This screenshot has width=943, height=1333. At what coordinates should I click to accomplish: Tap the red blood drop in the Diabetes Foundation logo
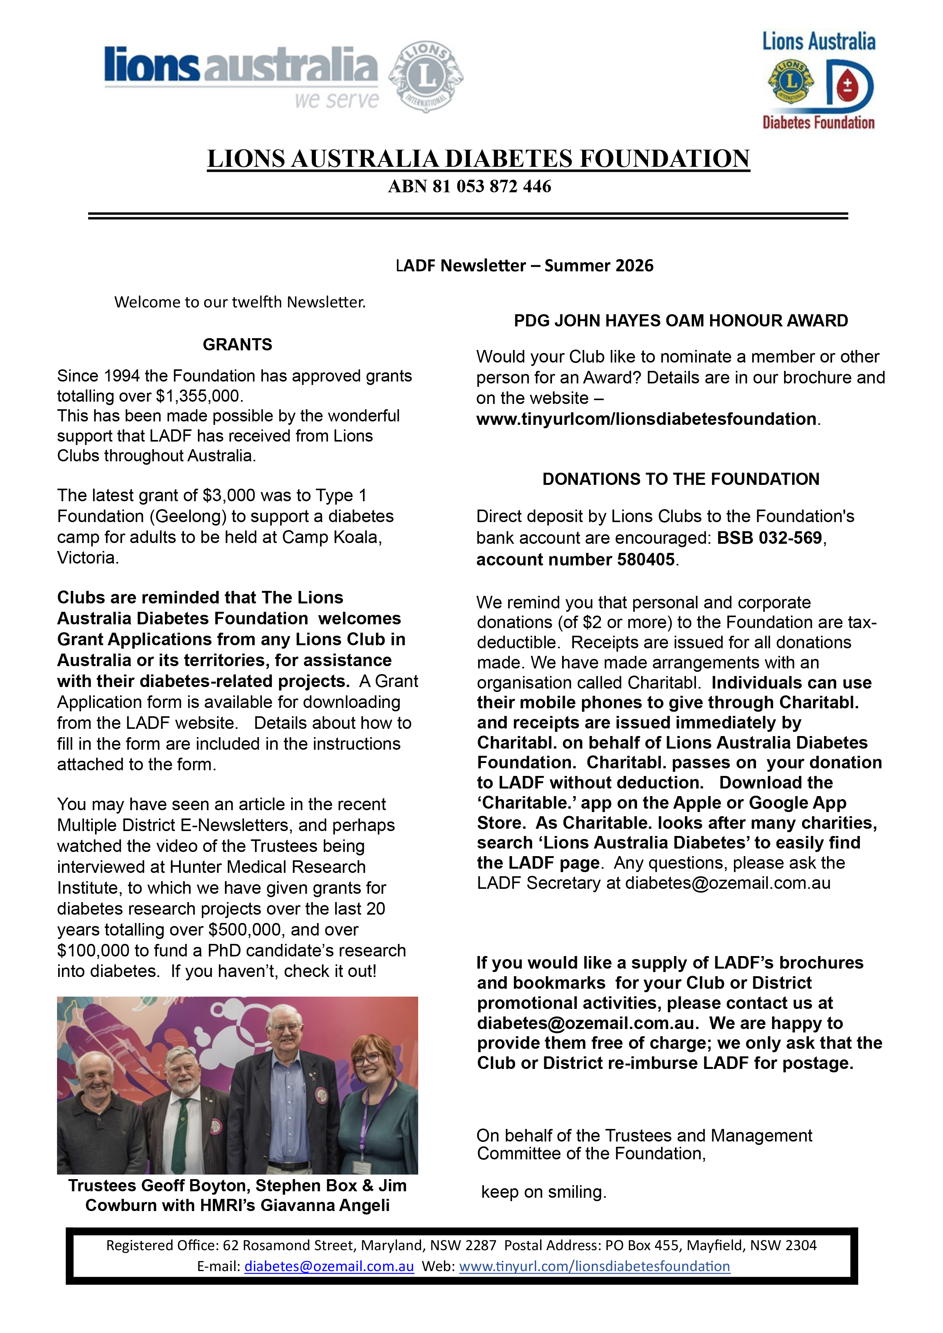(x=847, y=87)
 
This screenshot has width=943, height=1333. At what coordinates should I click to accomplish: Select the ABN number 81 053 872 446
(x=492, y=187)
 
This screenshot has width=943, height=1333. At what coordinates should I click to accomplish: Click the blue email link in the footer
(x=329, y=1266)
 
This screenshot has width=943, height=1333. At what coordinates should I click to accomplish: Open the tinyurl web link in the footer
(x=594, y=1266)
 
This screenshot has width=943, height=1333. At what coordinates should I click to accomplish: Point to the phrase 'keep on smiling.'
(x=544, y=1192)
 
